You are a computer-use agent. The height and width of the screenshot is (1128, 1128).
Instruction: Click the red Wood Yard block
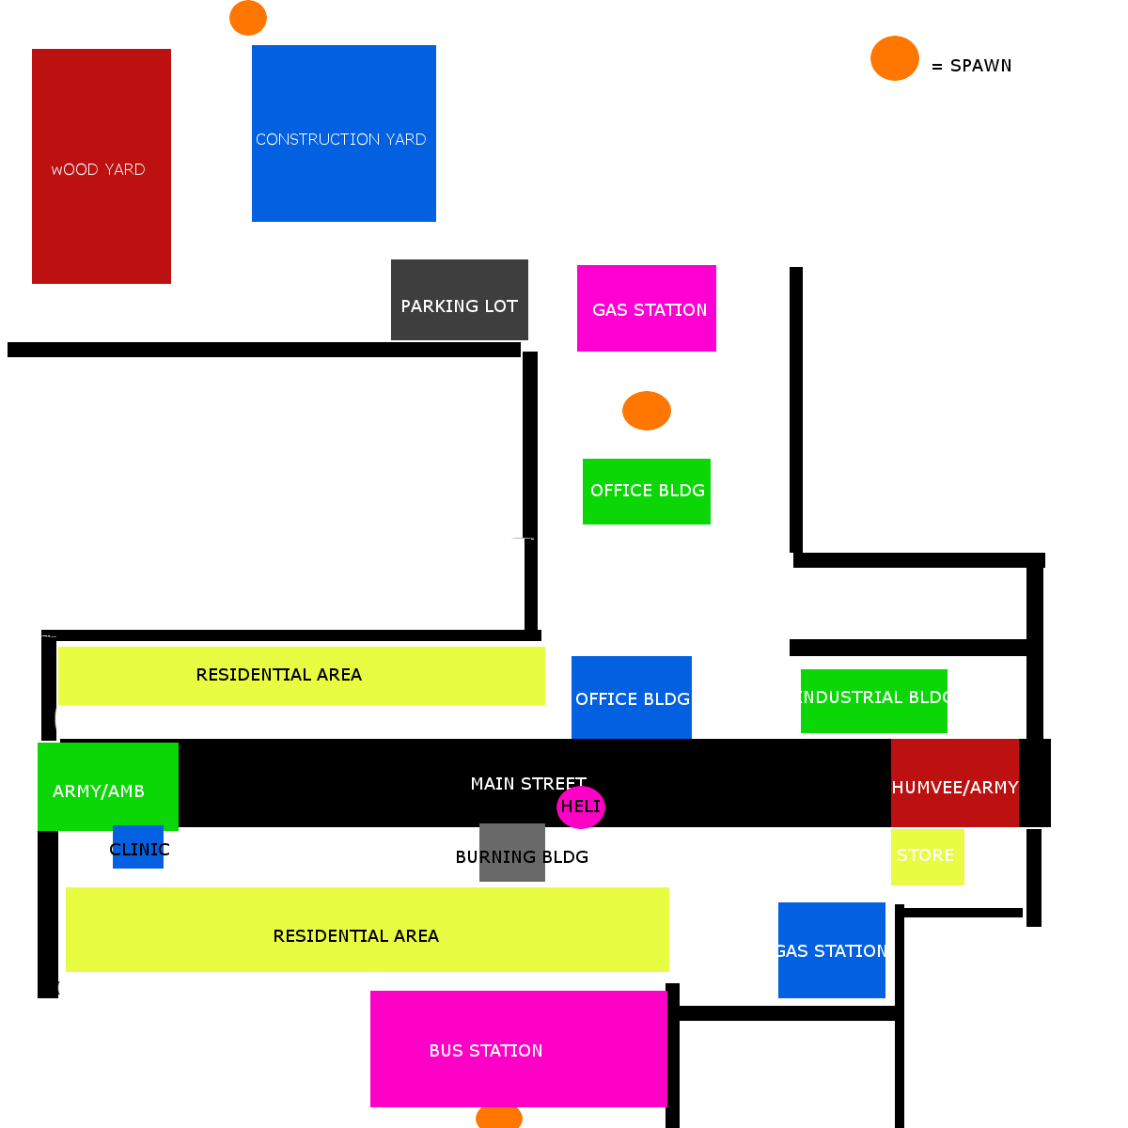(x=102, y=166)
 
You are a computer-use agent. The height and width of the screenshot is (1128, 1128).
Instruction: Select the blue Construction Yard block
(x=344, y=133)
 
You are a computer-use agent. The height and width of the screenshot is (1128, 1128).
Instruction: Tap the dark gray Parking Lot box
(x=460, y=300)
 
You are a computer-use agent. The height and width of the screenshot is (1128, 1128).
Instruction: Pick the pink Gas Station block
(x=646, y=308)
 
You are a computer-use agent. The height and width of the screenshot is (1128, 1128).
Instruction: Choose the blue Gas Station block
(x=831, y=950)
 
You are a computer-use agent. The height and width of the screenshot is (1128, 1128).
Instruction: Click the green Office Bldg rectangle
(x=646, y=492)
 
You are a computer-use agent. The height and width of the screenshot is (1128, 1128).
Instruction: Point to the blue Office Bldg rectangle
(x=631, y=697)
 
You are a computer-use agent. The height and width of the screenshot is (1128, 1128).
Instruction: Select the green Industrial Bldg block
(x=874, y=700)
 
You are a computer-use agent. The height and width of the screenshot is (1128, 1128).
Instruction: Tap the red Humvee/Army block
(x=955, y=783)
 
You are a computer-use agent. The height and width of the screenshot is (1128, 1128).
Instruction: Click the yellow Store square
(x=927, y=857)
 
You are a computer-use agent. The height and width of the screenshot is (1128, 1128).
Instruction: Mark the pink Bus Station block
(x=519, y=1049)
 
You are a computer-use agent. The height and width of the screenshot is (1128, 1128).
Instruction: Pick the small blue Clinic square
(x=138, y=846)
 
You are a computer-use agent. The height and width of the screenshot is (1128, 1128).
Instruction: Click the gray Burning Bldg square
(x=512, y=853)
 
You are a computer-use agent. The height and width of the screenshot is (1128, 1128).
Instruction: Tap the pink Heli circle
(x=581, y=807)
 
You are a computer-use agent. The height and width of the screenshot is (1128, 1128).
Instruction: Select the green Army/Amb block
(x=108, y=786)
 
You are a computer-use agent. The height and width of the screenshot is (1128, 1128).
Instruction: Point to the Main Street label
(x=528, y=784)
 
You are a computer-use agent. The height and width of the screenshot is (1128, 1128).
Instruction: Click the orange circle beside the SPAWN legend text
(x=895, y=58)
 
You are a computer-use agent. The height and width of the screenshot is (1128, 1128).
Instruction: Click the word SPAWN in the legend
(x=980, y=66)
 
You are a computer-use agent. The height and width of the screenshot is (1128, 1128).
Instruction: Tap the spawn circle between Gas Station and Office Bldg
(x=646, y=411)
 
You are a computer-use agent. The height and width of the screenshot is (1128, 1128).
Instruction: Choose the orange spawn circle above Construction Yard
(x=248, y=18)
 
